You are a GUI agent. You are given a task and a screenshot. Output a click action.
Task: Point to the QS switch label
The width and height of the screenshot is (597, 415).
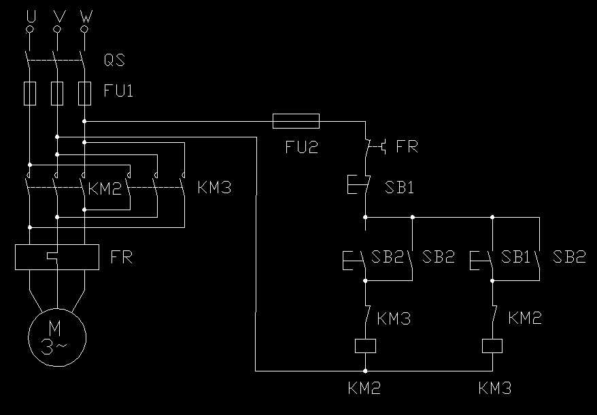tap(114, 61)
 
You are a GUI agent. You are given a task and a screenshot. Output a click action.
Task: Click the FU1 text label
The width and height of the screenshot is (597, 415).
tap(118, 90)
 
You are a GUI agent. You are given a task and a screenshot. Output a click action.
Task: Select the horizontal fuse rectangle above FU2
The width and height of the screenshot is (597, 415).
tap(296, 121)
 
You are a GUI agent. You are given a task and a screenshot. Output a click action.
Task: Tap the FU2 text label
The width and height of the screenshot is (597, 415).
tap(301, 146)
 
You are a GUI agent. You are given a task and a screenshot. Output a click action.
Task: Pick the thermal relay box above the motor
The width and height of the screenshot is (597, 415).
tap(57, 256)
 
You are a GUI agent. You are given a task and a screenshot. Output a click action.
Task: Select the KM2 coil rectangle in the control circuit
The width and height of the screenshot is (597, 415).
tap(366, 346)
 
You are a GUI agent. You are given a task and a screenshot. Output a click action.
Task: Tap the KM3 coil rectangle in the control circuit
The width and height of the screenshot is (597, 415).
tap(492, 346)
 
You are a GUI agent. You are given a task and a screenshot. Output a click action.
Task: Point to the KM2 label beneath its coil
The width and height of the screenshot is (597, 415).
tap(364, 388)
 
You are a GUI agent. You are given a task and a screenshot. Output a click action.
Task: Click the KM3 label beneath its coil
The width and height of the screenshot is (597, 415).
tap(494, 388)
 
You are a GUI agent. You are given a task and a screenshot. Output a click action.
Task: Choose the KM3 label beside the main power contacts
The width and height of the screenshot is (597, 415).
tap(214, 187)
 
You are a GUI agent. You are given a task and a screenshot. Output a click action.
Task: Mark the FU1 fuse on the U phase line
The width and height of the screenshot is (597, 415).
tap(30, 93)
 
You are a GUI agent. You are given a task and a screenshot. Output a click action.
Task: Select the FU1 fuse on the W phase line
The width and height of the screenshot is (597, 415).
tap(84, 93)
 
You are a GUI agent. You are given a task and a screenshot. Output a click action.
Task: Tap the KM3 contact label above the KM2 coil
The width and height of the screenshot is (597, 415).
tap(394, 318)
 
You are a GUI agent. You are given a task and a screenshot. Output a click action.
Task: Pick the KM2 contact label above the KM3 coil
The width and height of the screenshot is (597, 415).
tap(525, 318)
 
